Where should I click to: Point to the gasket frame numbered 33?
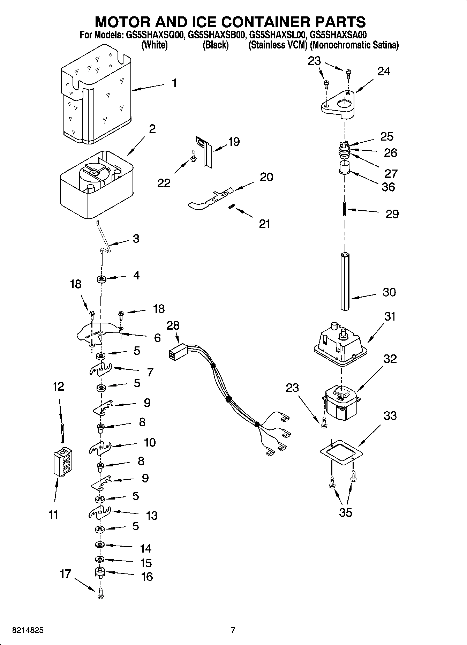[x=342, y=452]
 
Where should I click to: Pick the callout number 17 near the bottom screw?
[x=66, y=573]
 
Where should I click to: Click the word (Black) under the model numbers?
[x=216, y=45]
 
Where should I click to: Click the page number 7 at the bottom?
[x=233, y=630]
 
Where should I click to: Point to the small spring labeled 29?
[x=345, y=209]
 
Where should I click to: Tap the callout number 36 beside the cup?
[x=388, y=187]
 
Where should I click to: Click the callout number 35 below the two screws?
[x=345, y=512]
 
